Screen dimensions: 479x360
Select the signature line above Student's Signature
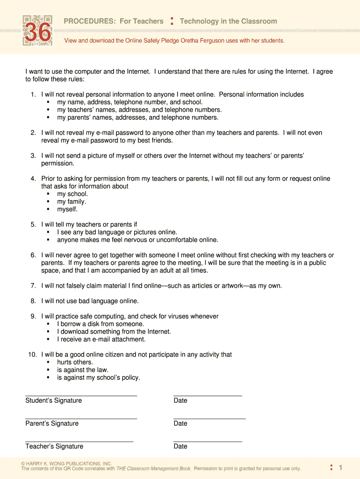click(81, 396)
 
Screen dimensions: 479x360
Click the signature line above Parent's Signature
click(81, 419)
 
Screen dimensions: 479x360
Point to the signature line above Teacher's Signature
click(79, 442)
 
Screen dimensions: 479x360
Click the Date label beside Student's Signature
click(180, 400)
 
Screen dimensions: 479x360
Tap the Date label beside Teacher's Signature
click(180, 446)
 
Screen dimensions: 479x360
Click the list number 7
click(33, 286)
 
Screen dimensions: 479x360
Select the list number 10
click(32, 355)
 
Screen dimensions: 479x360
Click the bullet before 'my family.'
click(49, 202)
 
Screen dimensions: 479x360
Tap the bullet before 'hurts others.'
click(49, 362)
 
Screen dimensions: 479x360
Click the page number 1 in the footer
click(341, 468)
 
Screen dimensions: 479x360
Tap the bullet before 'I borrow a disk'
click(49, 324)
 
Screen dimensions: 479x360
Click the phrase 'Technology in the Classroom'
click(228, 21)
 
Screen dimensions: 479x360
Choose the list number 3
click(33, 156)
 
